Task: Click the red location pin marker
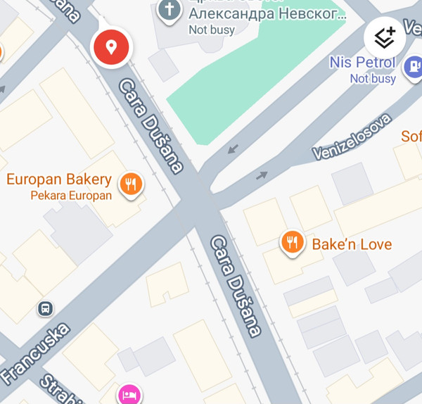pyautogui.click(x=110, y=47)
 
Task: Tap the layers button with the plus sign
pyautogui.click(x=385, y=36)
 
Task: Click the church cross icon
pyautogui.click(x=168, y=10)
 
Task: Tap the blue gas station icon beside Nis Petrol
pyautogui.click(x=412, y=66)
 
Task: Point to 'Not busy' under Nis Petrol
pyautogui.click(x=373, y=79)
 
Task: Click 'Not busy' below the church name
pyautogui.click(x=211, y=30)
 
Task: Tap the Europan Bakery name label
pyautogui.click(x=59, y=179)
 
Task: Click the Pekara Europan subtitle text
pyautogui.click(x=70, y=196)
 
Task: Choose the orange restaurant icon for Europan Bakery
pyautogui.click(x=131, y=184)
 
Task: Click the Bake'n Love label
pyautogui.click(x=352, y=244)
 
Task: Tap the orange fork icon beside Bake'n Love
pyautogui.click(x=292, y=243)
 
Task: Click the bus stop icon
pyautogui.click(x=45, y=308)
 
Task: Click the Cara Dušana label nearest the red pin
pyautogui.click(x=151, y=125)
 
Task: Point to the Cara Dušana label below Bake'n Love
pyautogui.click(x=236, y=285)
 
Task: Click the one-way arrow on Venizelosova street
pyautogui.click(x=262, y=175)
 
